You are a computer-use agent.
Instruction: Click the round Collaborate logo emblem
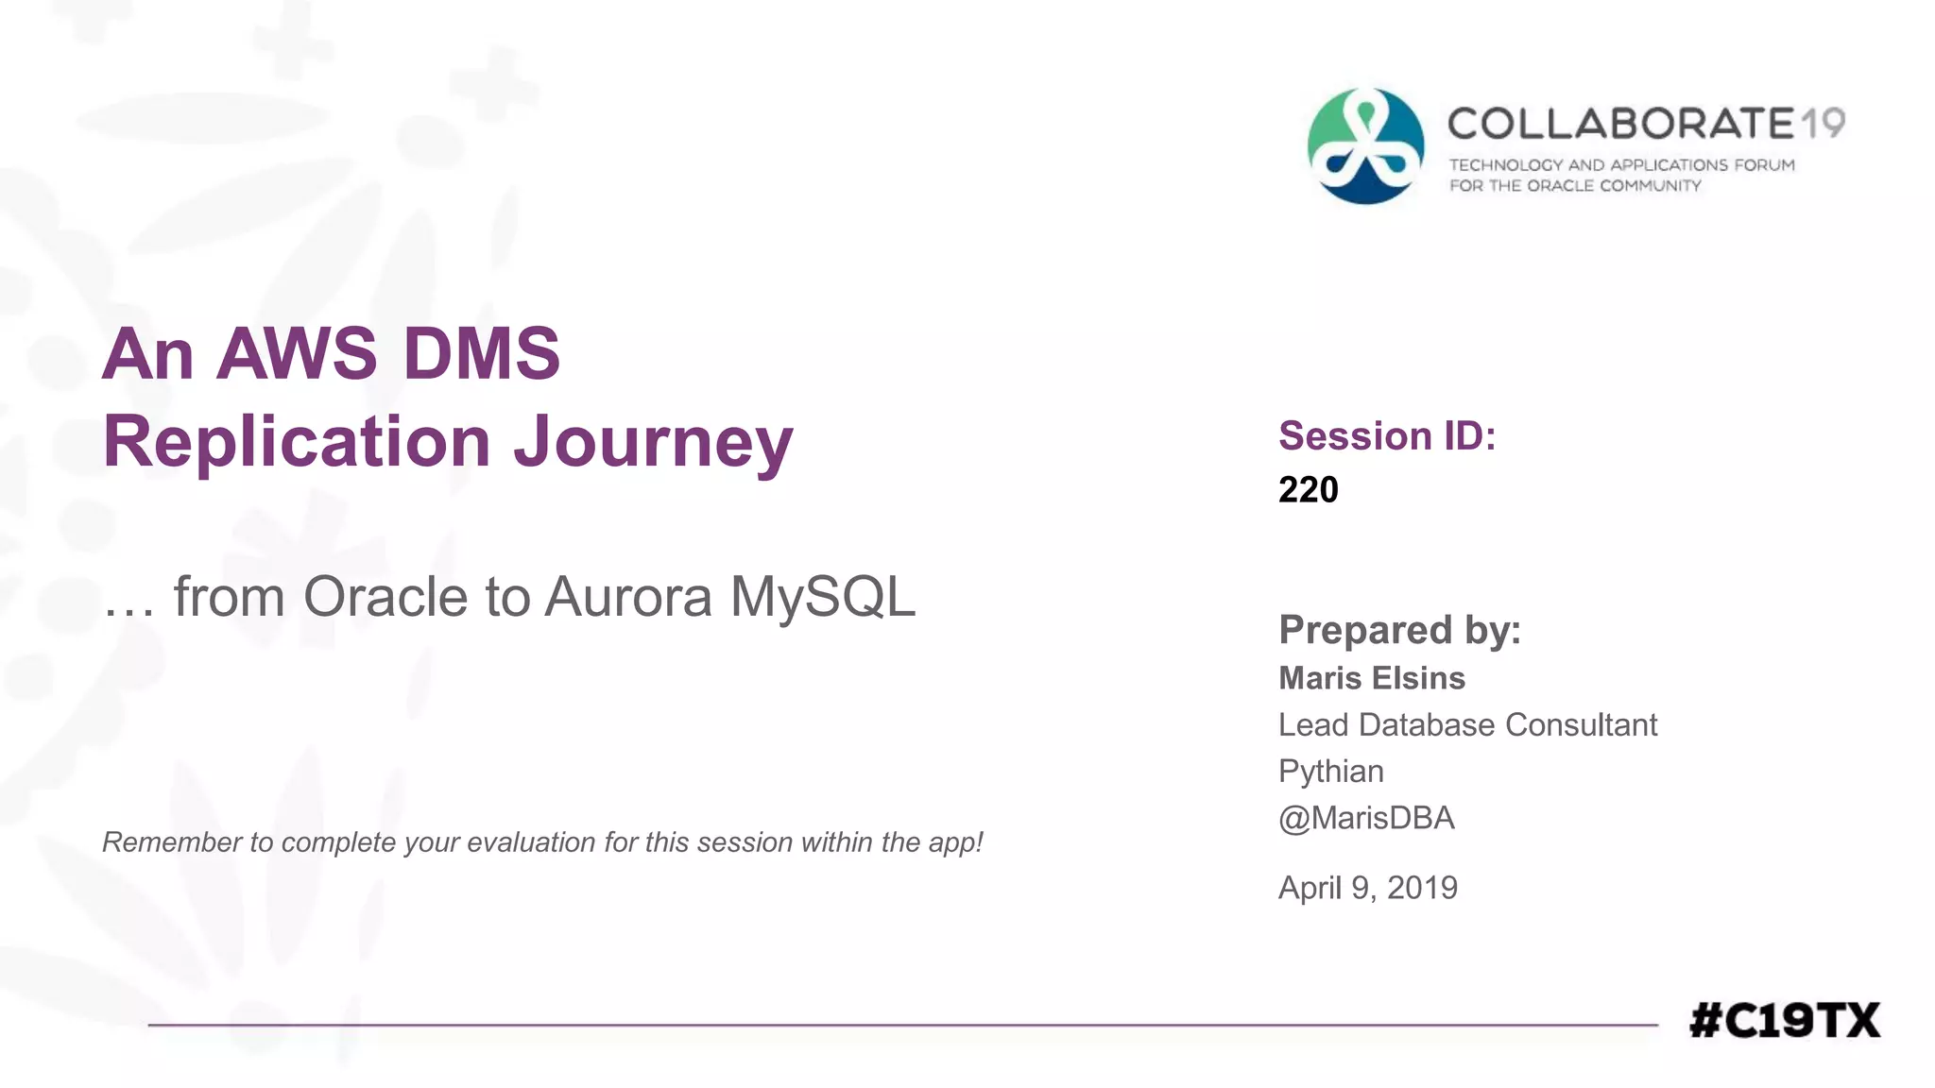(x=1365, y=146)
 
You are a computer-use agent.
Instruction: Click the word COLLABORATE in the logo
(x=1620, y=124)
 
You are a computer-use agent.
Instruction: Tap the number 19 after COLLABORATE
(x=1823, y=124)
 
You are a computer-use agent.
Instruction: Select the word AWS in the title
(x=297, y=354)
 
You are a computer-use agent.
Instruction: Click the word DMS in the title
(x=482, y=354)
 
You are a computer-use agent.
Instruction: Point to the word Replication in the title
(x=297, y=441)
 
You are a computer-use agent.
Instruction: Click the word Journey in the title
(x=653, y=443)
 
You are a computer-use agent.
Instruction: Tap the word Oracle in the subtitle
(x=385, y=597)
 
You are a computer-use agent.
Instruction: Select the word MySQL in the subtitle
(x=822, y=597)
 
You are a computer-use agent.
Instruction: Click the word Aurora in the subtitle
(x=628, y=597)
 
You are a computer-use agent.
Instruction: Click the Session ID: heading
(x=1387, y=436)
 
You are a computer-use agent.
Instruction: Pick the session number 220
(x=1309, y=490)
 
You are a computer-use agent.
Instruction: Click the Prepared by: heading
(x=1399, y=630)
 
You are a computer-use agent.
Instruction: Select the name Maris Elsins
(x=1372, y=678)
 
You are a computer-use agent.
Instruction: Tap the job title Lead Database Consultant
(x=1467, y=725)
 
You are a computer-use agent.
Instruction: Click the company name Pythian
(x=1330, y=772)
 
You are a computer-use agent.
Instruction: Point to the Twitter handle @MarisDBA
(x=1366, y=818)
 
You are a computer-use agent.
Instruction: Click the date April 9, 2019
(x=1367, y=888)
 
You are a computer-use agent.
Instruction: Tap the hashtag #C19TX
(x=1785, y=1021)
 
